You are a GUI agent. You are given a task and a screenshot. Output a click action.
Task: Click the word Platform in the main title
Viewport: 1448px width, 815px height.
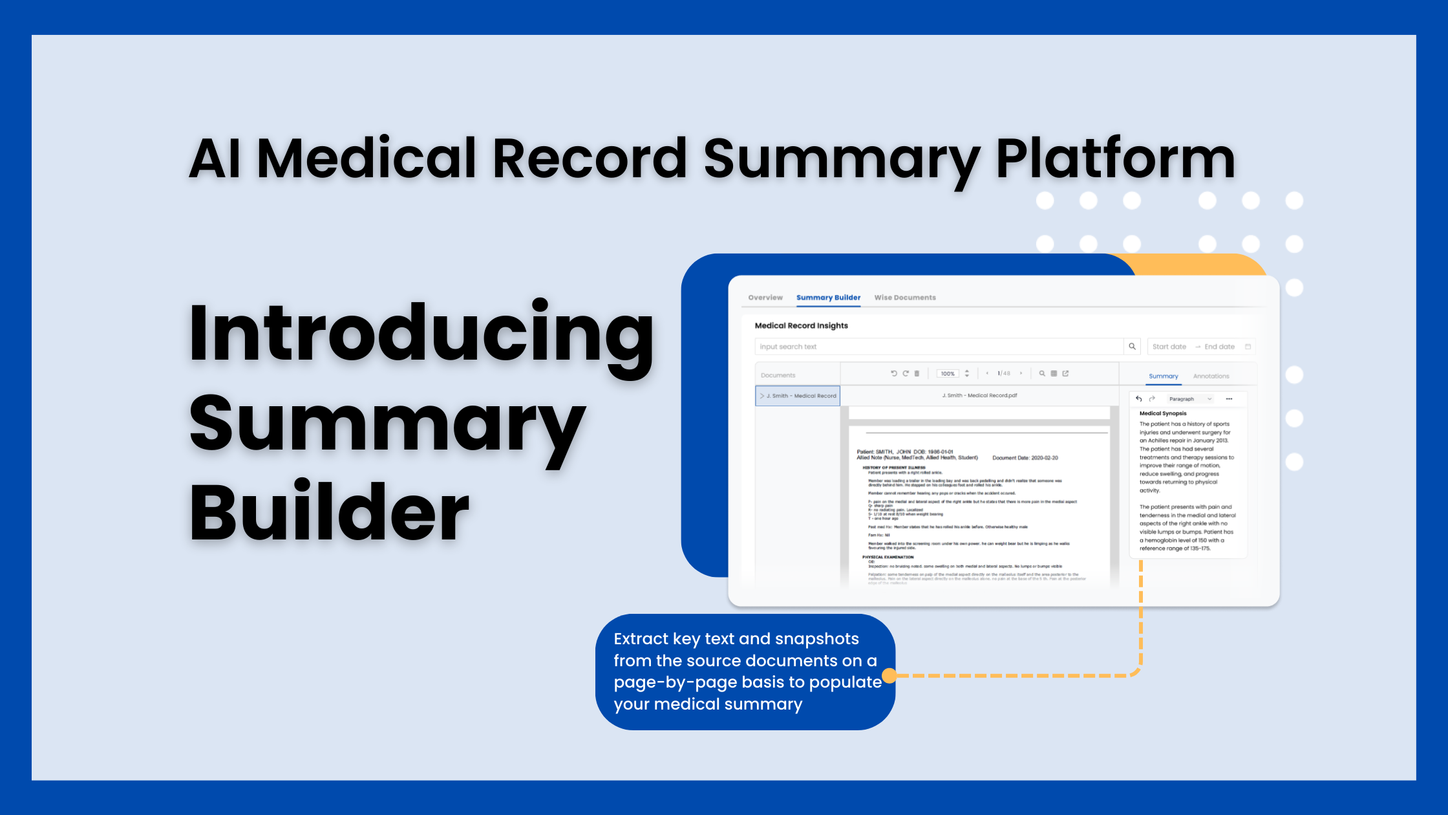tap(1114, 159)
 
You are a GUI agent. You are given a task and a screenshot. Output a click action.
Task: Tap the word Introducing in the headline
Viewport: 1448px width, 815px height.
tap(420, 334)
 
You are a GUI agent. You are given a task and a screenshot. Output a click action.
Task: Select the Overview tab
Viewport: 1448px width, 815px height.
tap(765, 298)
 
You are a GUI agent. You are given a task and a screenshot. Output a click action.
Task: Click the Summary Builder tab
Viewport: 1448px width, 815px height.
tap(828, 298)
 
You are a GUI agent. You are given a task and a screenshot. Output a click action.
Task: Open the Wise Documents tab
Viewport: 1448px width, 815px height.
tap(905, 298)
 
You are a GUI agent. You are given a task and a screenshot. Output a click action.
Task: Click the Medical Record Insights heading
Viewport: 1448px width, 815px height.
tap(801, 325)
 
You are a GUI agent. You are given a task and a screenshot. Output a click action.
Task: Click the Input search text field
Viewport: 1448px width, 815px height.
tap(937, 347)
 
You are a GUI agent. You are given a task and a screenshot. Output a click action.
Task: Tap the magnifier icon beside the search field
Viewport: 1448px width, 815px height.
tap(1132, 347)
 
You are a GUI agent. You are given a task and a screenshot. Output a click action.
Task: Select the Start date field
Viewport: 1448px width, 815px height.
tap(1169, 347)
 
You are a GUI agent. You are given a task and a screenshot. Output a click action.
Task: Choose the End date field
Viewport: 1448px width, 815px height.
tap(1219, 347)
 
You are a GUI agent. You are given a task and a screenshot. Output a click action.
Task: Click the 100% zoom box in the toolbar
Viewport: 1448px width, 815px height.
tap(948, 374)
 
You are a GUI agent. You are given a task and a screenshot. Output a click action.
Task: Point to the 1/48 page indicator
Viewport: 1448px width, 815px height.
tap(1004, 373)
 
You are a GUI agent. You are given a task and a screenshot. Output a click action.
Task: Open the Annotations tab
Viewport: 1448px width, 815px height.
tap(1211, 376)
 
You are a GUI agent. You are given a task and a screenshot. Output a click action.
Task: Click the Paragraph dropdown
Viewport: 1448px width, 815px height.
tap(1190, 399)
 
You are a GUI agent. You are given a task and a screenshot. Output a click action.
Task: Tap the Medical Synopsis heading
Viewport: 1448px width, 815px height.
tap(1163, 413)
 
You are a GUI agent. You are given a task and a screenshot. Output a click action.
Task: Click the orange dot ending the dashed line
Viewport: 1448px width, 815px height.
tap(889, 675)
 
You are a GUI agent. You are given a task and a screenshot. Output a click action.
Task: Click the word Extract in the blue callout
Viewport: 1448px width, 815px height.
tap(641, 639)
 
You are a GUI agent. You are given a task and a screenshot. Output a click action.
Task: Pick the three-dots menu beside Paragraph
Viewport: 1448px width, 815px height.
tap(1229, 399)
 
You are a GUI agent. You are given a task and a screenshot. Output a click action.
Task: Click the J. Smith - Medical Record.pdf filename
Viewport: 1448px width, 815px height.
tap(979, 395)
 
